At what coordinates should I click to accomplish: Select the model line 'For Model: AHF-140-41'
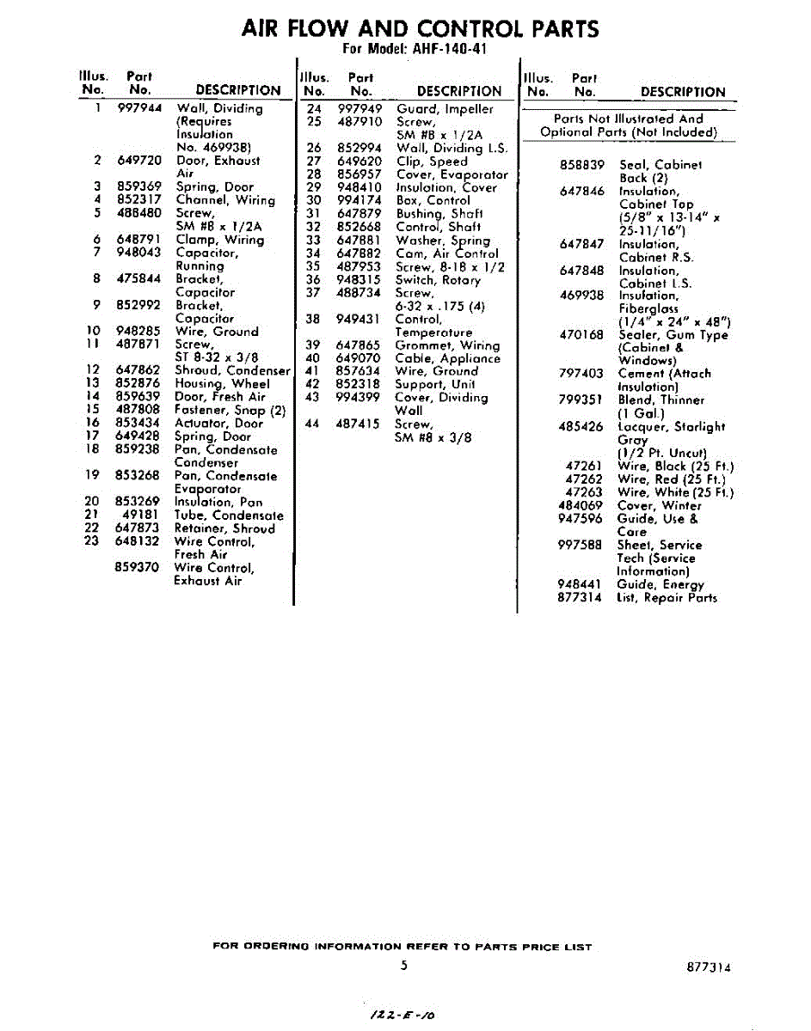[x=415, y=49]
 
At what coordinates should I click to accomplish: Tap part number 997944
[x=138, y=108]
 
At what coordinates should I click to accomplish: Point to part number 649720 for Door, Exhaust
[x=138, y=161]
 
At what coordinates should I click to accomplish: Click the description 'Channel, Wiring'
[x=225, y=200]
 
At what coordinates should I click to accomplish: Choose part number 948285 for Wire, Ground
[x=138, y=332]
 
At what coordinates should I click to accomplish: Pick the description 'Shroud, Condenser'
[x=232, y=371]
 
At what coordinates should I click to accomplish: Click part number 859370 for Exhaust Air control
[x=138, y=568]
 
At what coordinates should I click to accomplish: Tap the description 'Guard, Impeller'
[x=445, y=109]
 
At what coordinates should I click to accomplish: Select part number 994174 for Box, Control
[x=359, y=201]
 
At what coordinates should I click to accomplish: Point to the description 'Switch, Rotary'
[x=438, y=280]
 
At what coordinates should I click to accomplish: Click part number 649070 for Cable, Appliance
[x=359, y=359]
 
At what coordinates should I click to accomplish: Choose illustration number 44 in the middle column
[x=312, y=424]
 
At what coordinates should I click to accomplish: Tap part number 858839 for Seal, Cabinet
[x=582, y=165]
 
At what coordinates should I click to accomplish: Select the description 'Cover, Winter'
[x=660, y=506]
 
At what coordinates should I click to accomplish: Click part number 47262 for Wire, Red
[x=584, y=479]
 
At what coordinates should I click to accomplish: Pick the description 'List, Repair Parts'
[x=667, y=598]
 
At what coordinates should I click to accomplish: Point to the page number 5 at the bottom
[x=403, y=966]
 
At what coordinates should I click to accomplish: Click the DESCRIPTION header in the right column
[x=683, y=92]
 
